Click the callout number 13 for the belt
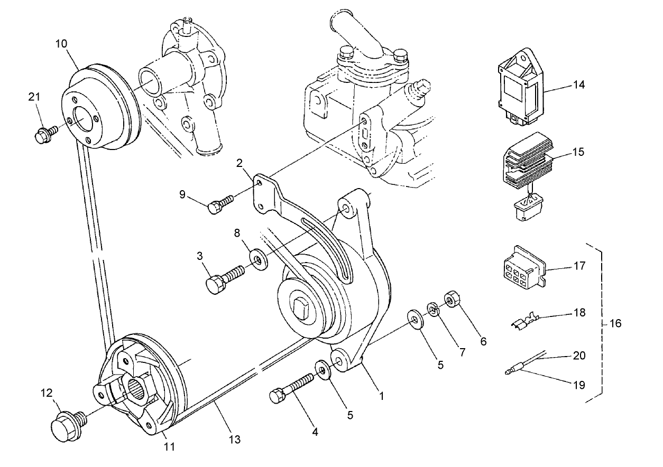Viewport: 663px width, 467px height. coord(234,438)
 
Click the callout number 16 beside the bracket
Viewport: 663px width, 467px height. coord(615,323)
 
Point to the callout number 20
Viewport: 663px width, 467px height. coord(579,356)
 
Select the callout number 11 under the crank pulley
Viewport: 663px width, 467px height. coord(169,447)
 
